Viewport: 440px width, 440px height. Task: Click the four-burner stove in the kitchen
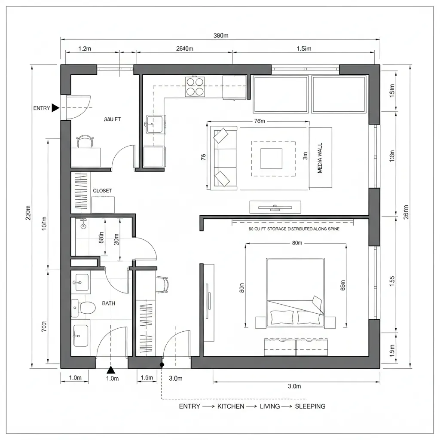pos(195,86)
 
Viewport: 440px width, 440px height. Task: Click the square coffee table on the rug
pos(272,159)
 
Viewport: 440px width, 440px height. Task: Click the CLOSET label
pos(102,190)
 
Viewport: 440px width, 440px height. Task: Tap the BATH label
pos(108,303)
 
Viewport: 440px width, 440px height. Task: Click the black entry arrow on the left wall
pos(55,108)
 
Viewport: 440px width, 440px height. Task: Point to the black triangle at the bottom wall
pos(111,370)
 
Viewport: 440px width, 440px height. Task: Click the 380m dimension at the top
pos(221,36)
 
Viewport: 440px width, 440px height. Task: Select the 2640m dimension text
pos(185,49)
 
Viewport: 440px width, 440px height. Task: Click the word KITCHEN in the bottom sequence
pos(231,406)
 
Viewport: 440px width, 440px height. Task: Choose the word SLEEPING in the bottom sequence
pos(310,406)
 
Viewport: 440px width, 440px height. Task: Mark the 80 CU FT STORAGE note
pos(294,229)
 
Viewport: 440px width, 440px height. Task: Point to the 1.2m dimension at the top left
pos(85,49)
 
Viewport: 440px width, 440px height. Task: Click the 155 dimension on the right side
pos(391,278)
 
